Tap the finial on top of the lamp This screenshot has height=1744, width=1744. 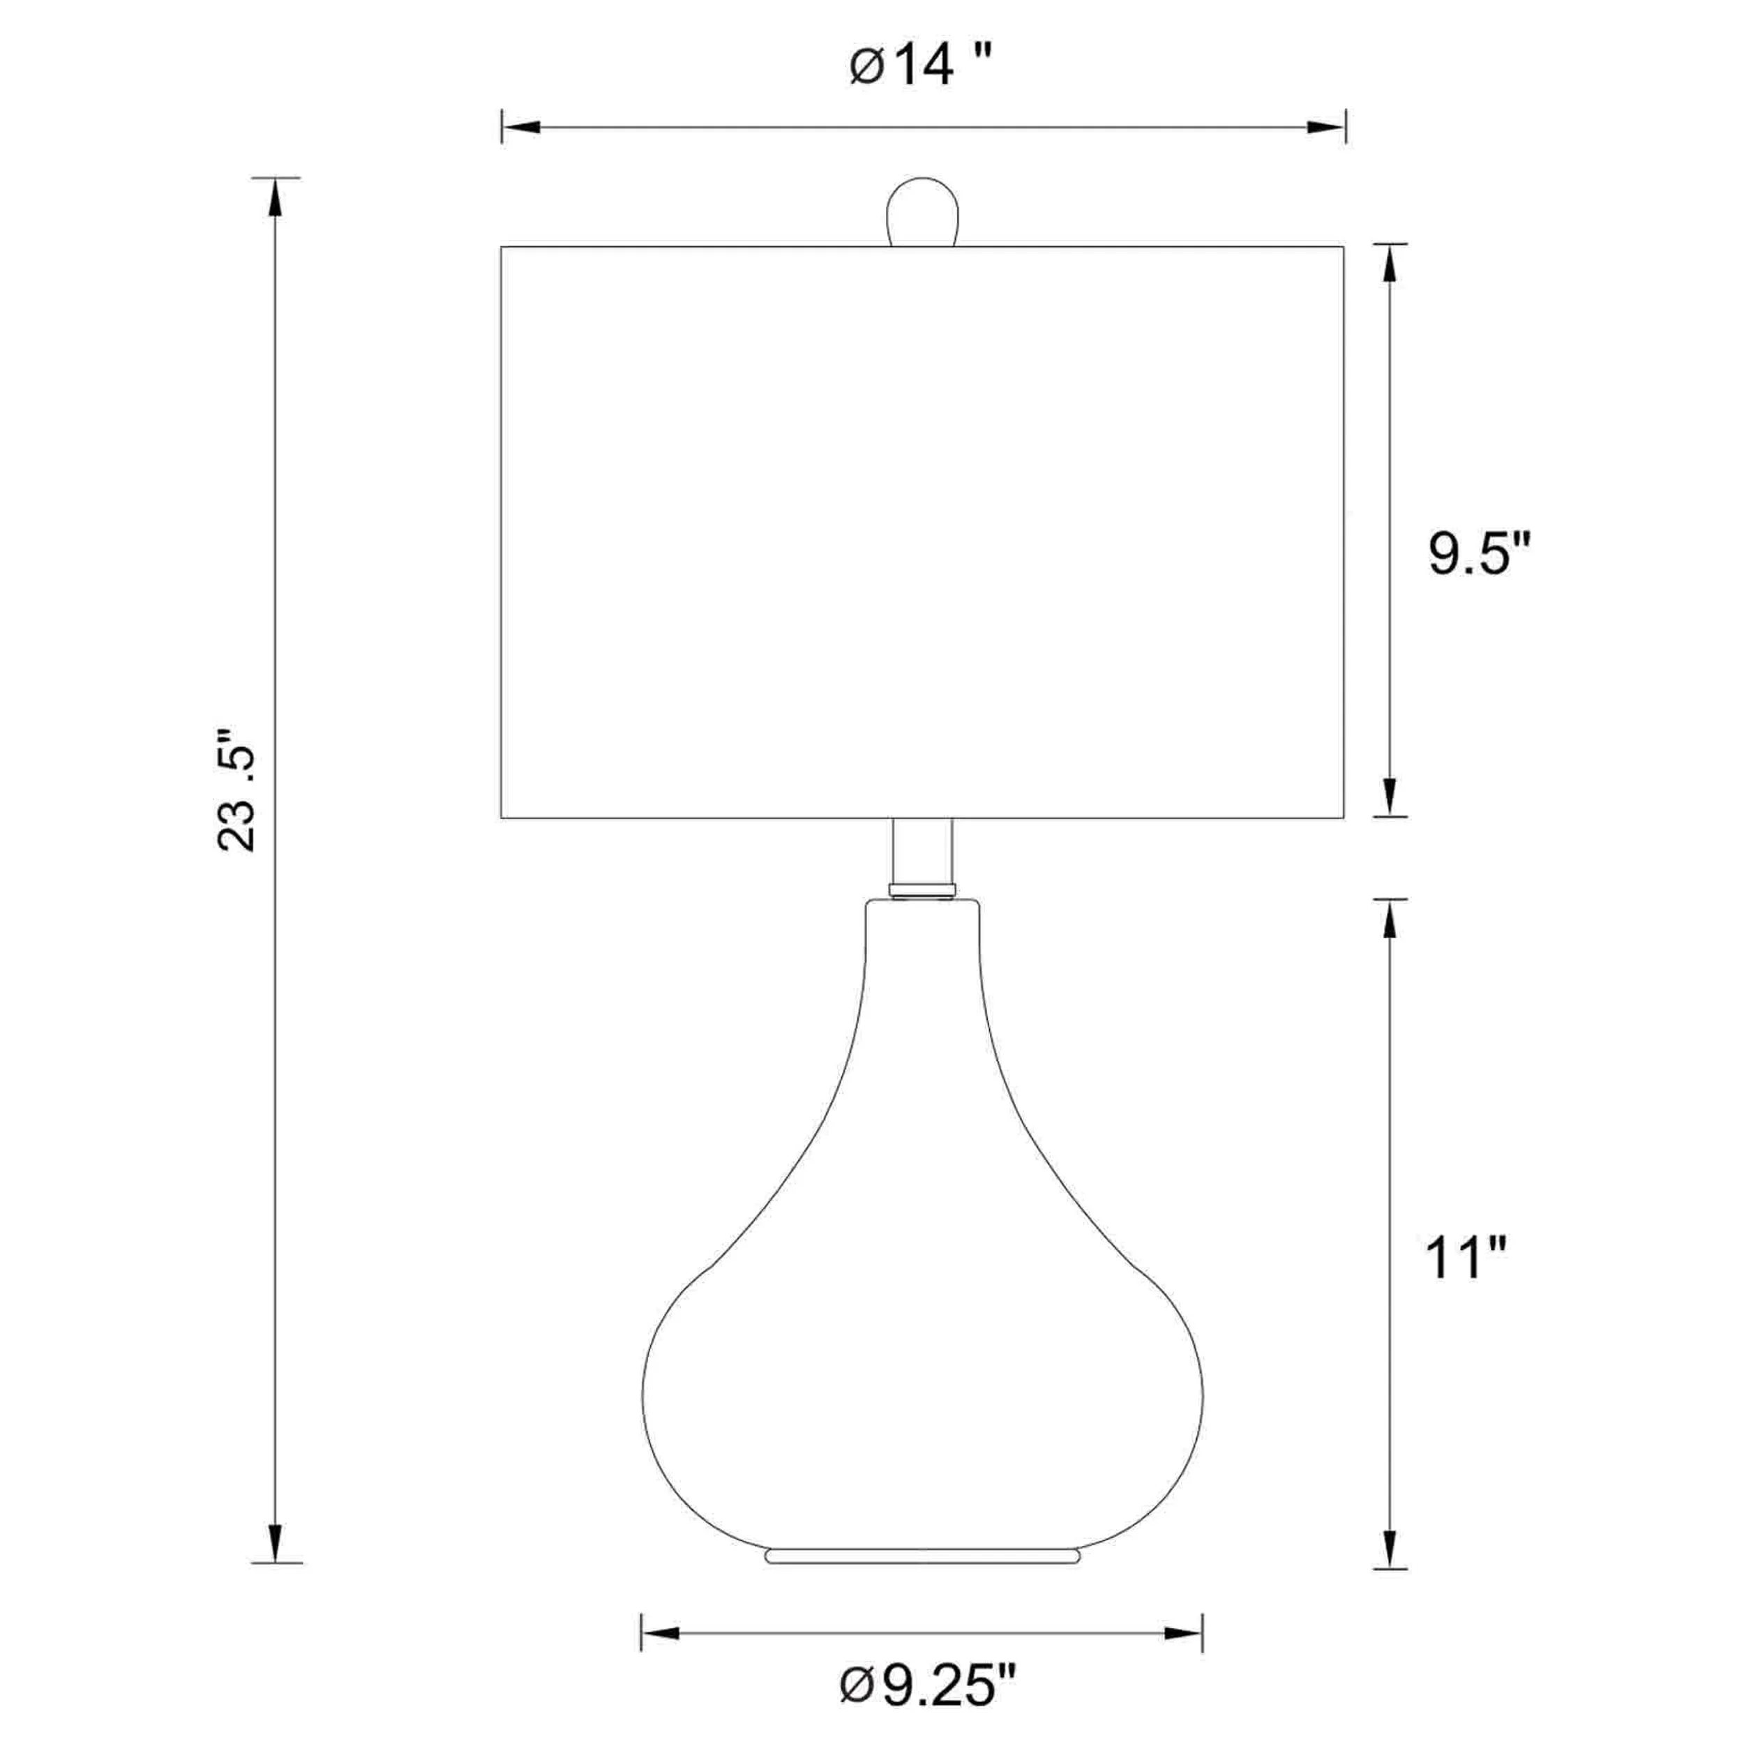coord(921,211)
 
